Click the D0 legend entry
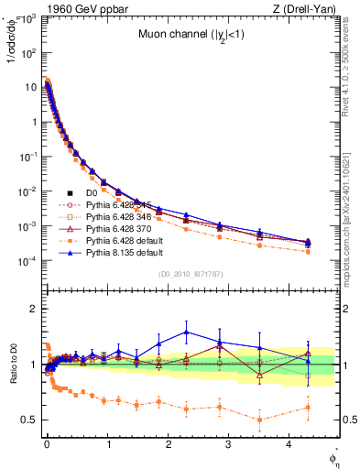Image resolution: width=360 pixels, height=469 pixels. pyautogui.click(x=91, y=193)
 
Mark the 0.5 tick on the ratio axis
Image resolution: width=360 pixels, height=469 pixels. pyautogui.click(x=29, y=420)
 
